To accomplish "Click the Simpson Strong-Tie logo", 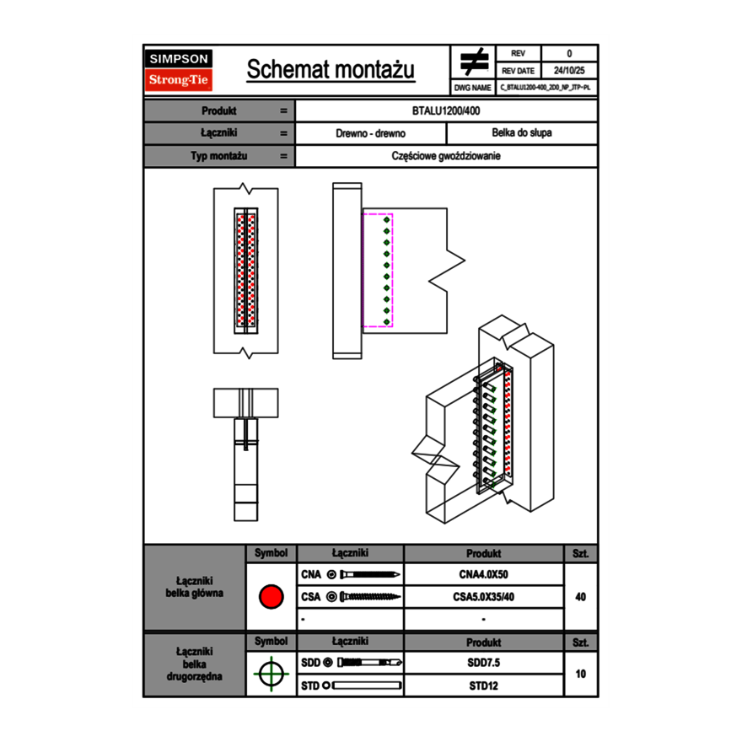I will point(179,70).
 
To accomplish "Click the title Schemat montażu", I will point(331,70).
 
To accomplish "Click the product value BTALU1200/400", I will point(447,110).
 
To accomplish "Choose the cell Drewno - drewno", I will point(370,133).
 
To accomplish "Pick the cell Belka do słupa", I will point(521,133).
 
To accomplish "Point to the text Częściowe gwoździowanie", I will point(447,156).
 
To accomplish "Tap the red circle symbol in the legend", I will point(271,597).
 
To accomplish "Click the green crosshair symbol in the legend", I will point(271,674).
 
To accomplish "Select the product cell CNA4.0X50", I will point(483,575).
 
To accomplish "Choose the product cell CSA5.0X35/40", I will point(483,597).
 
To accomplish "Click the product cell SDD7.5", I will point(483,663).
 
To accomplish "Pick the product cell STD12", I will point(483,686).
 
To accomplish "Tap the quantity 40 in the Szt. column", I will point(580,597).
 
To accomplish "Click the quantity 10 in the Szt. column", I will point(580,674).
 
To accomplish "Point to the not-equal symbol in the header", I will point(474,62).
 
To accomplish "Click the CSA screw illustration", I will point(368,597).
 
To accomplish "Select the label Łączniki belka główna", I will point(195,587).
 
